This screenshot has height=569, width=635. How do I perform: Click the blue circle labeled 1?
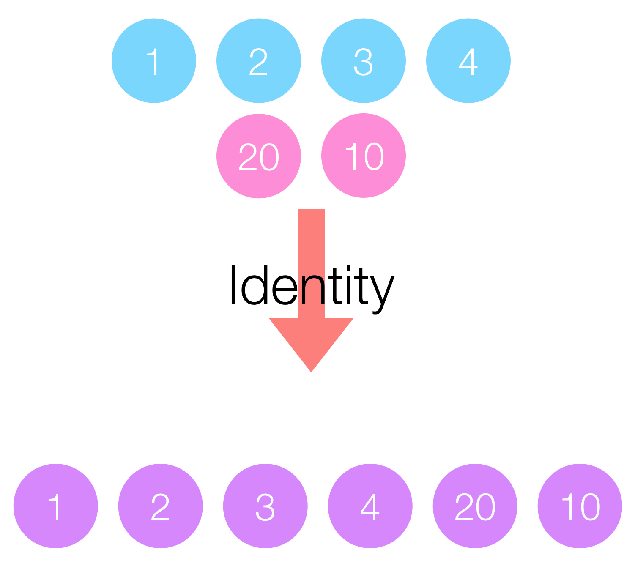(154, 60)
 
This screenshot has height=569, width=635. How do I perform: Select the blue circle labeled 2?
(259, 60)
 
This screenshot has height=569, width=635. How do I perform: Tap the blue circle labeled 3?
(363, 60)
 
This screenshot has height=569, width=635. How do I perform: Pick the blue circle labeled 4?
(468, 60)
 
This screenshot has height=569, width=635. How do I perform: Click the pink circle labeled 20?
(259, 156)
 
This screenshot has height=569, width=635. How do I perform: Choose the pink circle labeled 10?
(363, 155)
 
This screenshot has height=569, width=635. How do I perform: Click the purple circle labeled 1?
(55, 506)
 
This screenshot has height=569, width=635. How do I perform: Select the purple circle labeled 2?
(160, 506)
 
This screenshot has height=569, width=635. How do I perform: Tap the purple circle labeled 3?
(265, 506)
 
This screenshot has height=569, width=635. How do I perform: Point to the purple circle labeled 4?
(370, 506)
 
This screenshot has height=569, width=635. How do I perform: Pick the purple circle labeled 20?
(475, 506)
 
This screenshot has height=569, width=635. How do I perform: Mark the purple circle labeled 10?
(580, 506)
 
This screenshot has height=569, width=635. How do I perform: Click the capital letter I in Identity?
(233, 284)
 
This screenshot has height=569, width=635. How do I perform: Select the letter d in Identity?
(254, 285)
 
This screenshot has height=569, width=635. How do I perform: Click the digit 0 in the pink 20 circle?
(269, 157)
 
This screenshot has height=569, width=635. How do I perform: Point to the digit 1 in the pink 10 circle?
(351, 156)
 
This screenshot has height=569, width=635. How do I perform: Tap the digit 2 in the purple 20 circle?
(464, 506)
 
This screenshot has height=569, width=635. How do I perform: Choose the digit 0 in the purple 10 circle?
(591, 507)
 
